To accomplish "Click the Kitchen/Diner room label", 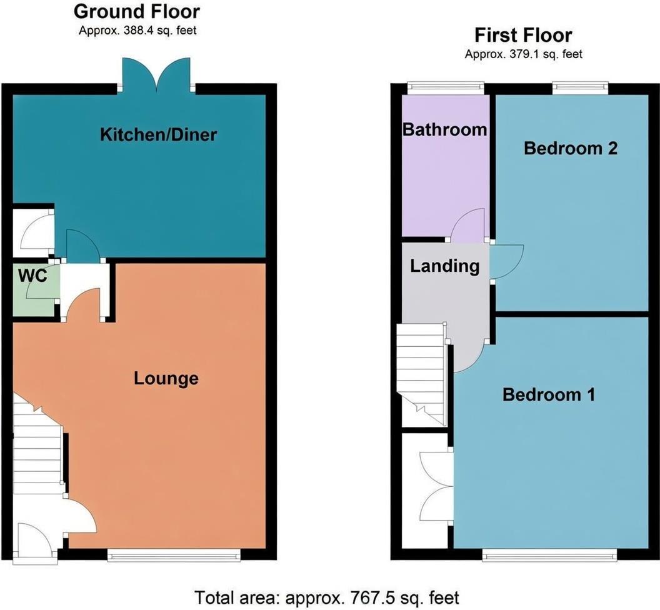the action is click(x=158, y=135).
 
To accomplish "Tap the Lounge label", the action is click(x=166, y=378).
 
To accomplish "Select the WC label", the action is click(x=32, y=276).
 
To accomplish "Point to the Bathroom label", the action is click(x=445, y=129).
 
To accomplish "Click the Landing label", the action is click(x=445, y=266).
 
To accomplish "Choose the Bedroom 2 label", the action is click(x=571, y=148).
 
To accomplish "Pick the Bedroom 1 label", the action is click(x=549, y=394).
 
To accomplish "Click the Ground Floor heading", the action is click(x=137, y=11).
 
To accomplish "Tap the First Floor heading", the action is click(x=523, y=35).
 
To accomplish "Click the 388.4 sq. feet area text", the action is click(x=159, y=31).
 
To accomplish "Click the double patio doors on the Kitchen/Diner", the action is click(x=156, y=75).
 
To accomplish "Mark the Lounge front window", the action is click(x=174, y=555).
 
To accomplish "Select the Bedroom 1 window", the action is click(x=550, y=555).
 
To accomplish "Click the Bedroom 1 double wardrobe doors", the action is click(x=436, y=487).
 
